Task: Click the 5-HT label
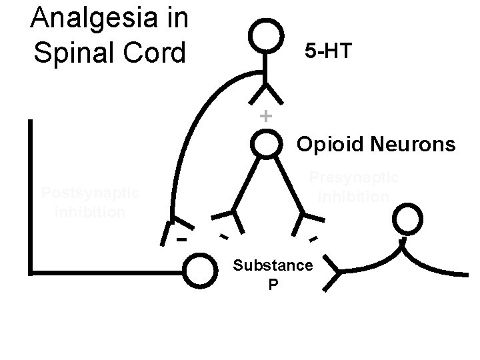coord(327,51)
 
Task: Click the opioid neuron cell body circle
coord(266,143)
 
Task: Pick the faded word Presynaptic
coord(354,178)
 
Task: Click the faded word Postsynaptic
coord(90,194)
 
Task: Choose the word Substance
coord(273,265)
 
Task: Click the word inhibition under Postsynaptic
coord(90,212)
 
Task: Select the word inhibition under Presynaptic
coord(354,197)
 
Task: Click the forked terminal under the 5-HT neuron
coord(266,93)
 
